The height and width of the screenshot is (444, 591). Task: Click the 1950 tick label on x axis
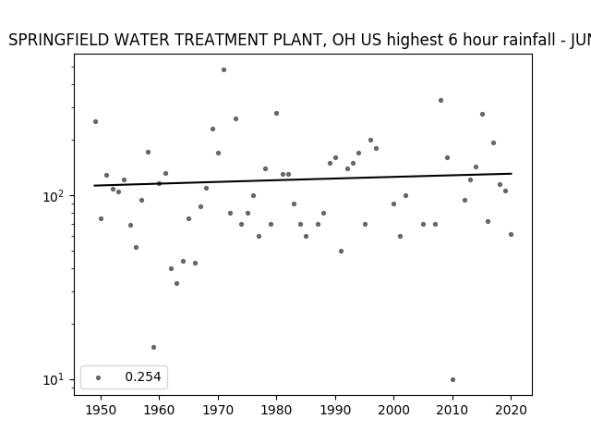click(101, 410)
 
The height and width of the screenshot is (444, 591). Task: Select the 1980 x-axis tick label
click(276, 410)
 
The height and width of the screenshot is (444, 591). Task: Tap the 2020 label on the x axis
click(511, 410)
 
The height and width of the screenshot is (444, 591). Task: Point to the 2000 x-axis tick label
click(394, 410)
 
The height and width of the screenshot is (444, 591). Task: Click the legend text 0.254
click(143, 376)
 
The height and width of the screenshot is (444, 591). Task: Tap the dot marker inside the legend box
click(99, 377)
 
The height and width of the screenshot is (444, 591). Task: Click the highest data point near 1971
click(223, 70)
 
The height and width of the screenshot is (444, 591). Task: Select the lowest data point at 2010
click(452, 380)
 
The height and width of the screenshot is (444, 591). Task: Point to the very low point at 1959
click(153, 348)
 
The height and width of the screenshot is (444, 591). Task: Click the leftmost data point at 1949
click(95, 121)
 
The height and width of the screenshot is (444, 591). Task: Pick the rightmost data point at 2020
click(511, 234)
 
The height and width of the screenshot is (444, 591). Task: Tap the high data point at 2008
click(440, 101)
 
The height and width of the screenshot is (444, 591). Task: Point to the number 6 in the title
click(452, 40)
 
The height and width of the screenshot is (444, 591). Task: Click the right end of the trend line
click(512, 174)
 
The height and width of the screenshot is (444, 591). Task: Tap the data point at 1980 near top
click(276, 113)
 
